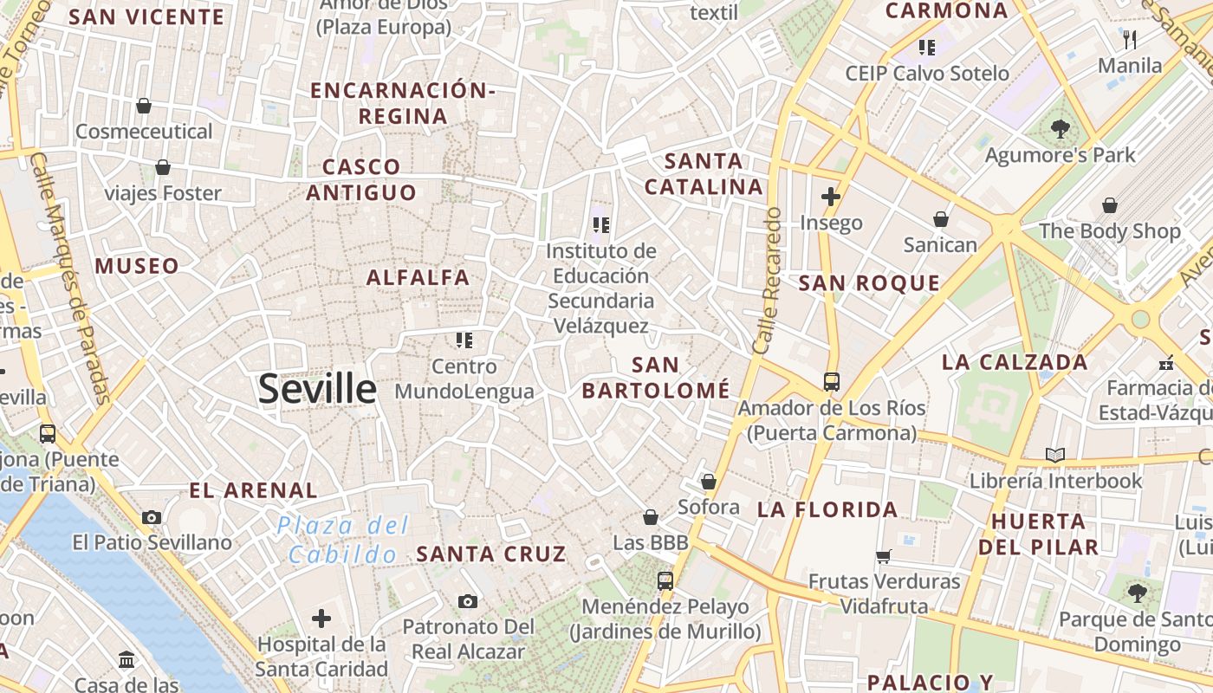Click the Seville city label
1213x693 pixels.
[x=317, y=389]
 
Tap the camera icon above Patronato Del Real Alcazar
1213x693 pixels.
[x=468, y=601]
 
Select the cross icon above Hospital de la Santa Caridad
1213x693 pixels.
[x=321, y=619]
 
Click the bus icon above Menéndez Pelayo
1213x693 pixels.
[x=665, y=581]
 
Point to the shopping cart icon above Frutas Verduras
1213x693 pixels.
[x=884, y=556]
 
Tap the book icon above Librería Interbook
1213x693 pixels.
[x=1054, y=455]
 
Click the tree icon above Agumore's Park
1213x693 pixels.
[x=1060, y=130]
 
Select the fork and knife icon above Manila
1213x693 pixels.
[x=1130, y=40]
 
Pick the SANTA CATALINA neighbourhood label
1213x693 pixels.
[x=704, y=174]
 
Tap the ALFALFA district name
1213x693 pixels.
[x=418, y=278]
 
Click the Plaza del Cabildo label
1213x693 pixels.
[x=343, y=540]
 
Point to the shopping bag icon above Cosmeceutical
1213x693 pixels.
[x=144, y=106]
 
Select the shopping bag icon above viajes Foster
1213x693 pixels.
[x=163, y=167]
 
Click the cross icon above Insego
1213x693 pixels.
[x=831, y=197]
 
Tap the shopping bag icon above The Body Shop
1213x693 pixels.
[x=1110, y=205]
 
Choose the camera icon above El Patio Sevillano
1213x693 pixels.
[x=152, y=517]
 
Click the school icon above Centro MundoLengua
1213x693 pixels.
[x=464, y=340]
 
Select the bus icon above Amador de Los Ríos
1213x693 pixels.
[x=832, y=381]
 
